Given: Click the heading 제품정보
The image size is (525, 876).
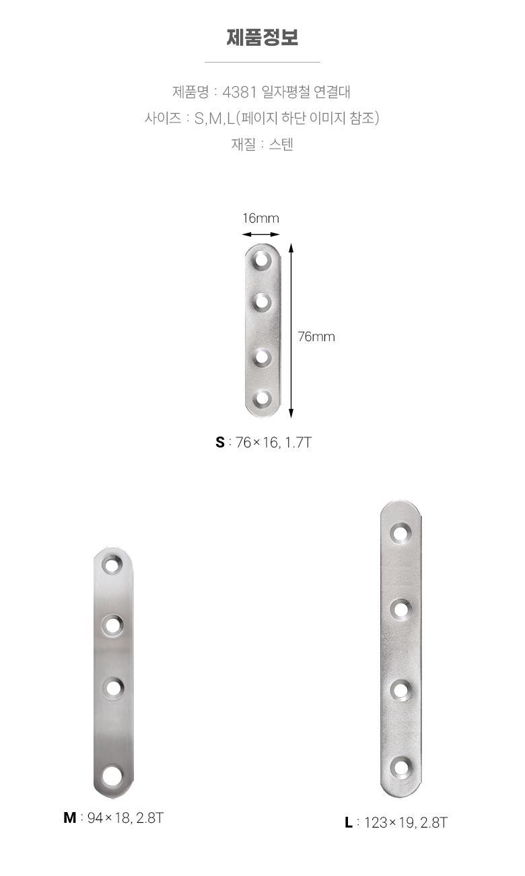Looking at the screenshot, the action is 262,38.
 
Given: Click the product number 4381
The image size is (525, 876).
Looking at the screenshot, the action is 240,92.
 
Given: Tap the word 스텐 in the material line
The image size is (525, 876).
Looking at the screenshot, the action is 281,144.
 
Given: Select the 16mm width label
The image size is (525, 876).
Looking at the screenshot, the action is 261,218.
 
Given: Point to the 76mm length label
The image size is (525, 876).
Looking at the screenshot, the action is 316,336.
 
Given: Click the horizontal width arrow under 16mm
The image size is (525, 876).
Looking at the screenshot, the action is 261,235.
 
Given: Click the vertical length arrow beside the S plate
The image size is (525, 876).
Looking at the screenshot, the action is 291,330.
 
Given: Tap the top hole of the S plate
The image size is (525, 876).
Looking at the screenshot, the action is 262,260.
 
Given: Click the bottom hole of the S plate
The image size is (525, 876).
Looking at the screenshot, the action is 262,399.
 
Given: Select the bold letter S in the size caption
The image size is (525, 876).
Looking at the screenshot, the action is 220,442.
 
